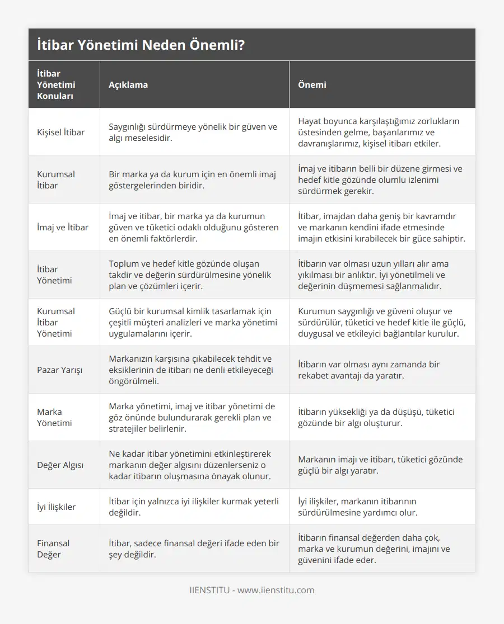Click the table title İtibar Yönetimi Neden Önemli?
(140, 45)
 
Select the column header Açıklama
(128, 85)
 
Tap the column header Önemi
(312, 85)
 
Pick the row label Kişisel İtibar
(60, 133)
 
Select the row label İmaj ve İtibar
(62, 228)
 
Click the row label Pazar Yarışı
(59, 370)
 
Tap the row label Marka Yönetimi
(54, 418)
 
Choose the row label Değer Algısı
(60, 465)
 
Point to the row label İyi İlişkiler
(56, 507)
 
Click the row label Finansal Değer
(53, 549)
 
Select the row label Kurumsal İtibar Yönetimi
(56, 323)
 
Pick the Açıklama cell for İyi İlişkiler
(193, 507)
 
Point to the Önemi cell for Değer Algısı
(380, 465)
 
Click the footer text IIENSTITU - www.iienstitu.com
(252, 590)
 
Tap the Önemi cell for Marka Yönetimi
(376, 418)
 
